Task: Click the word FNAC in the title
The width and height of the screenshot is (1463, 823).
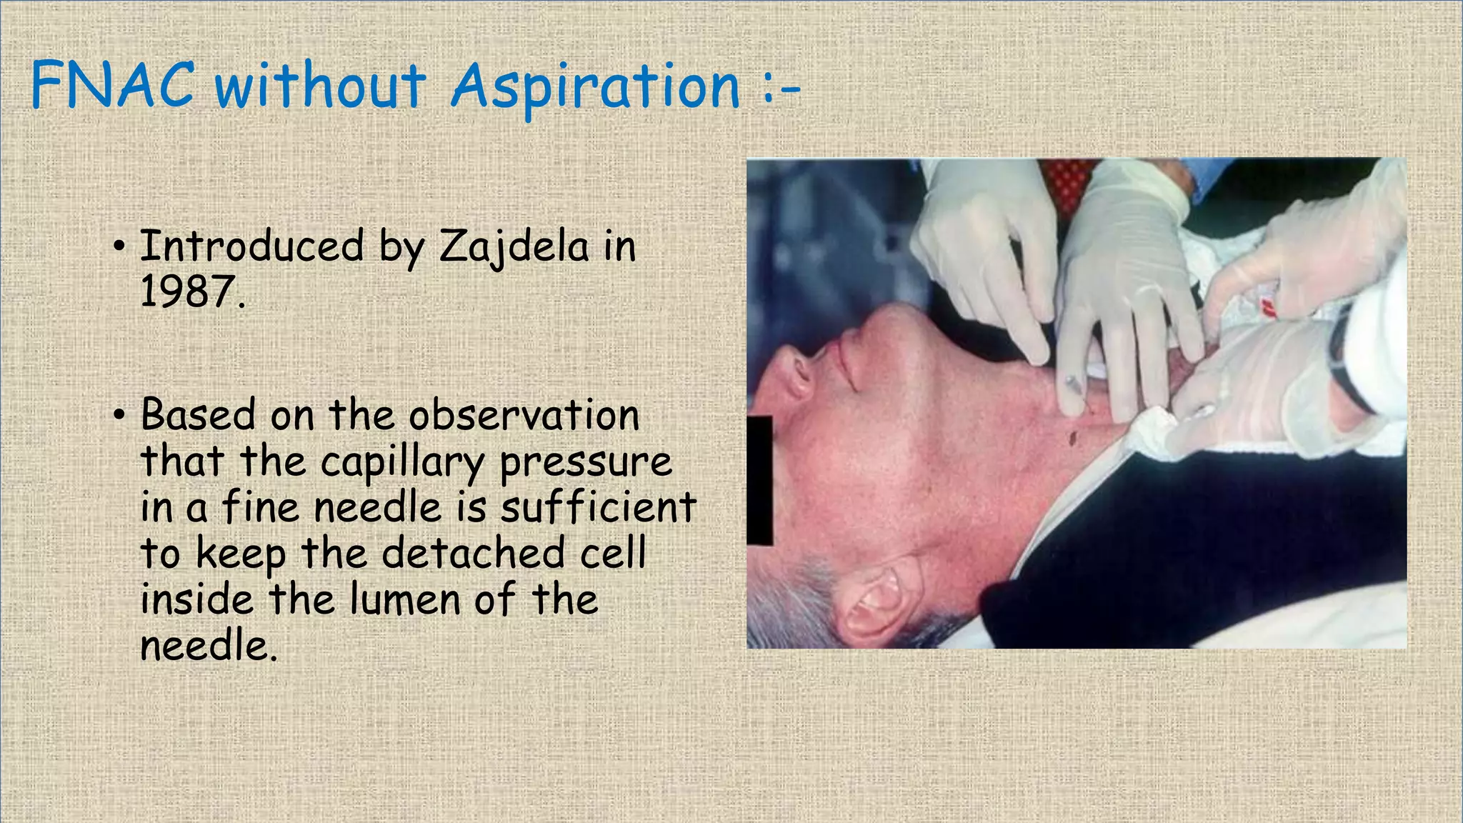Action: click(112, 85)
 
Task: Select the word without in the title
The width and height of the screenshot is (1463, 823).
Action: click(320, 86)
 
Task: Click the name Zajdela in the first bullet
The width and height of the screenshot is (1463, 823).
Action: click(514, 247)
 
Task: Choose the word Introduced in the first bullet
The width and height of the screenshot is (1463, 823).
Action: click(251, 246)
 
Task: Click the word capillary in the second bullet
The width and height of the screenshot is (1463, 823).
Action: click(402, 464)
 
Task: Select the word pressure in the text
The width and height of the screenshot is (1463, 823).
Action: click(586, 464)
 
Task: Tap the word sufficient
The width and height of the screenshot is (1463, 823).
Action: click(598, 508)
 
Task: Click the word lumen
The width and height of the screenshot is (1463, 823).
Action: click(405, 599)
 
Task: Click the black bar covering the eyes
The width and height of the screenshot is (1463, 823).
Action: click(759, 479)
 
